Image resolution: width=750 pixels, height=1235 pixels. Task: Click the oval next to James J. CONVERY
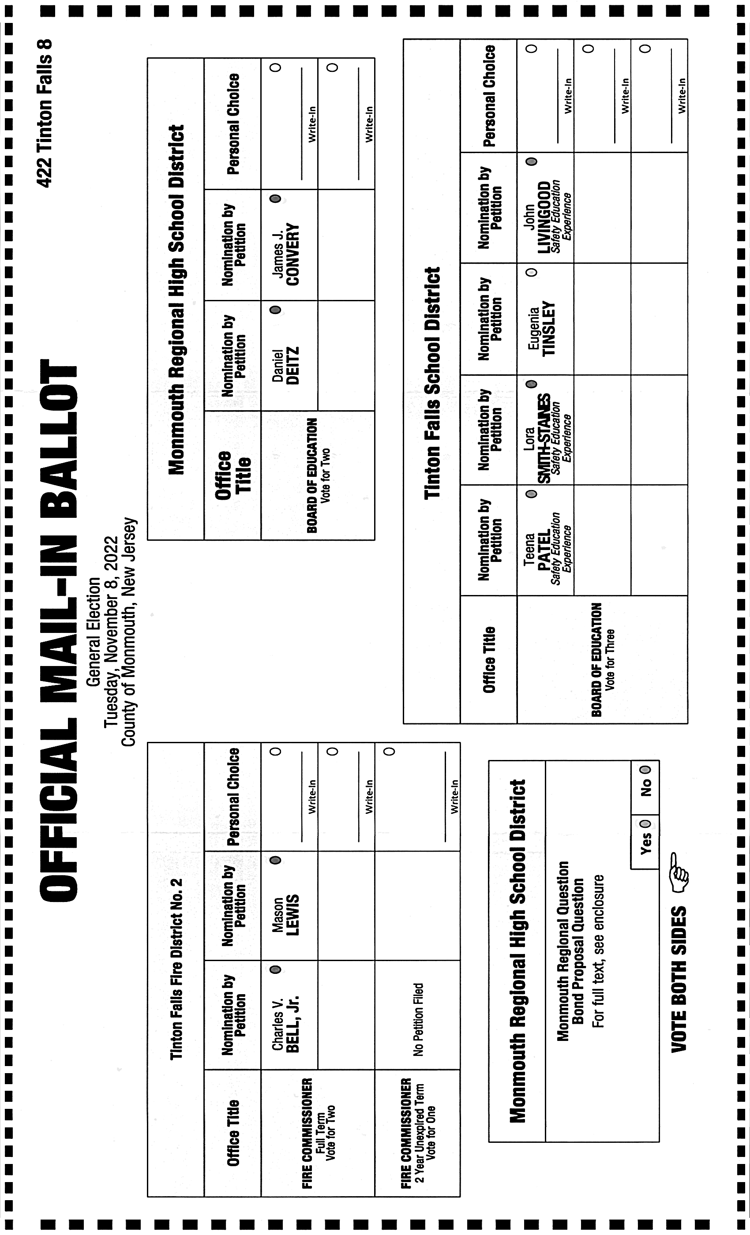click(x=275, y=199)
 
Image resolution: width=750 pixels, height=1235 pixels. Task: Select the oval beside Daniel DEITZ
click(x=275, y=310)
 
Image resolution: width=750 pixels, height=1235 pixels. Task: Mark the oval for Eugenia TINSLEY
click(x=532, y=272)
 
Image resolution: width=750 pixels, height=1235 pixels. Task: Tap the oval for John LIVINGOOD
click(x=532, y=161)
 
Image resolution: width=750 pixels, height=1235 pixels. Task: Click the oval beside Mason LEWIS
click(x=275, y=860)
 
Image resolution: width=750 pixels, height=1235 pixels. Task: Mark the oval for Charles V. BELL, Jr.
click(x=275, y=969)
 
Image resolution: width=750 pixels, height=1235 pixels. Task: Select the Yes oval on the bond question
click(x=645, y=823)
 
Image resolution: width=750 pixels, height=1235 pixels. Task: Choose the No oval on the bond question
click(x=645, y=769)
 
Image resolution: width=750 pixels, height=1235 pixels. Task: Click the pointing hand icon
click(x=679, y=872)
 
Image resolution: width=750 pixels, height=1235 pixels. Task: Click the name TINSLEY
click(x=549, y=328)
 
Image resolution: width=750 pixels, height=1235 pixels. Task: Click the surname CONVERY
click(x=292, y=254)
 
